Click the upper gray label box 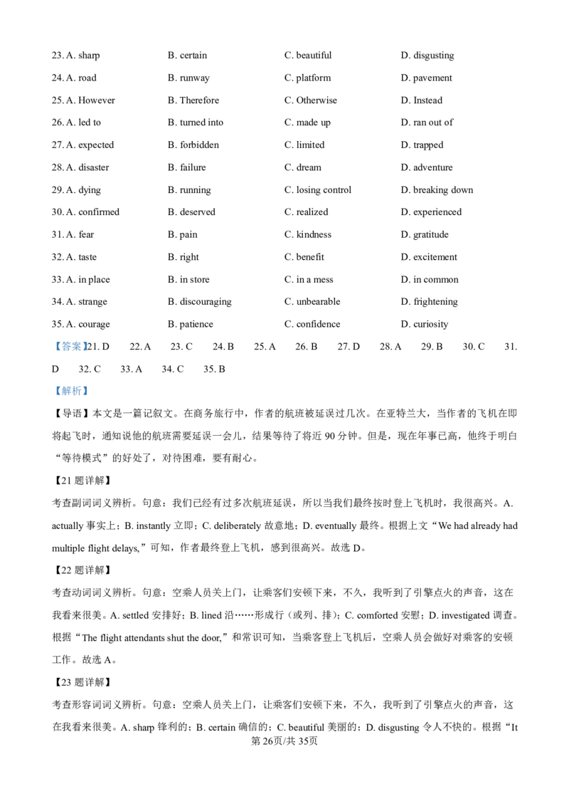[x=71, y=345]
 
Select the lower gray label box [x=71, y=390]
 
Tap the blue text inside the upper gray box [x=70, y=347]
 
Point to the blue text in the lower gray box [x=71, y=391]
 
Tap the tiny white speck [x=205, y=435]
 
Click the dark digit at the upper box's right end [x=87, y=347]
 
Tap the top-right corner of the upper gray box [x=91, y=336]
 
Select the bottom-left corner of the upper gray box [x=51, y=353]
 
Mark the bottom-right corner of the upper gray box [x=91, y=353]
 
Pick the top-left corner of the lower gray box [x=51, y=382]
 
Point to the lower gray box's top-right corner [x=91, y=382]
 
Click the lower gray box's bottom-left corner [x=51, y=399]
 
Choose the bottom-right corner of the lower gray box [x=91, y=399]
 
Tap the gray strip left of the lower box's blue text [x=53, y=390]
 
